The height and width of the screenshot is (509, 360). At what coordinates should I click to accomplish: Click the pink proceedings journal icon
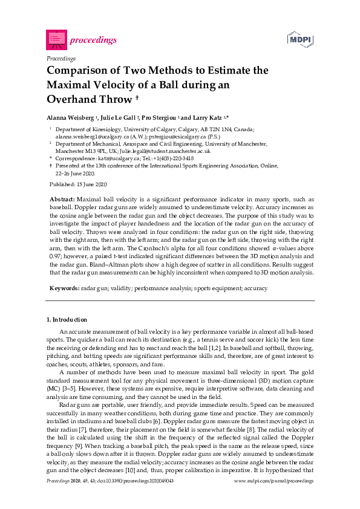[x=56, y=40]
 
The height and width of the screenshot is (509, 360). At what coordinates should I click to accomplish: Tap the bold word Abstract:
[x=62, y=198]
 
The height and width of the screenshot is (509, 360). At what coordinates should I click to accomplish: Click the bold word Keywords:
[x=64, y=289]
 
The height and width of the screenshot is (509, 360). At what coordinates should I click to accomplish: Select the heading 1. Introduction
[x=67, y=319]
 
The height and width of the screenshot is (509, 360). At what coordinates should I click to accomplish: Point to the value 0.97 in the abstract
[x=55, y=256]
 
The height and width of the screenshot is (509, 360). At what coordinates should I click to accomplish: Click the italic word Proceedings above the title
[x=61, y=59]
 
